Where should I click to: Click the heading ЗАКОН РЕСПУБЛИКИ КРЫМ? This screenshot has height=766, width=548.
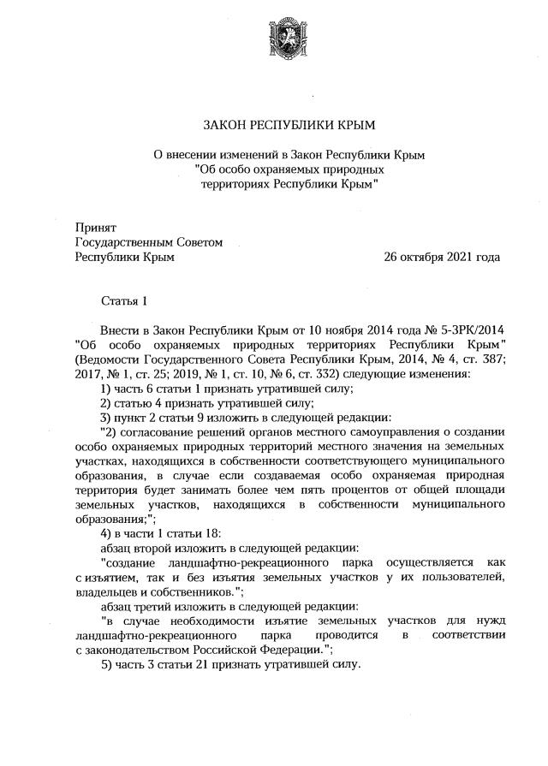pyautogui.click(x=289, y=125)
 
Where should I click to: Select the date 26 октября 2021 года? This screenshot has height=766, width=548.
pyautogui.click(x=442, y=257)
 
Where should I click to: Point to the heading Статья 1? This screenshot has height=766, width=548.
pyautogui.click(x=125, y=300)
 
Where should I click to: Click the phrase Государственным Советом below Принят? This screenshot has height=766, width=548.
pyautogui.click(x=149, y=242)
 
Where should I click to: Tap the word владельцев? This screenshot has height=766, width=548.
pyautogui.click(x=108, y=591)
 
